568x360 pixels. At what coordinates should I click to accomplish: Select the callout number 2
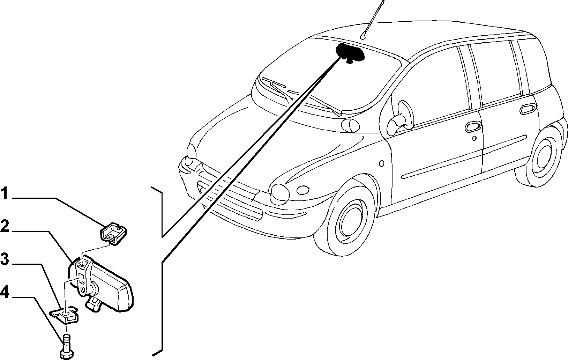click(5, 227)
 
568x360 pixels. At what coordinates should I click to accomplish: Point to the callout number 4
click(5, 292)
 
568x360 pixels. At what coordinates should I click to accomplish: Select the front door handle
click(473, 126)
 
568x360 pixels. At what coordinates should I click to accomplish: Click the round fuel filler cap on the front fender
click(381, 163)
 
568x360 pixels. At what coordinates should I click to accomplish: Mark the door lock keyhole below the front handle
click(475, 138)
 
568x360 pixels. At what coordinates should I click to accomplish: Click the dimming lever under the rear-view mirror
click(94, 303)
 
